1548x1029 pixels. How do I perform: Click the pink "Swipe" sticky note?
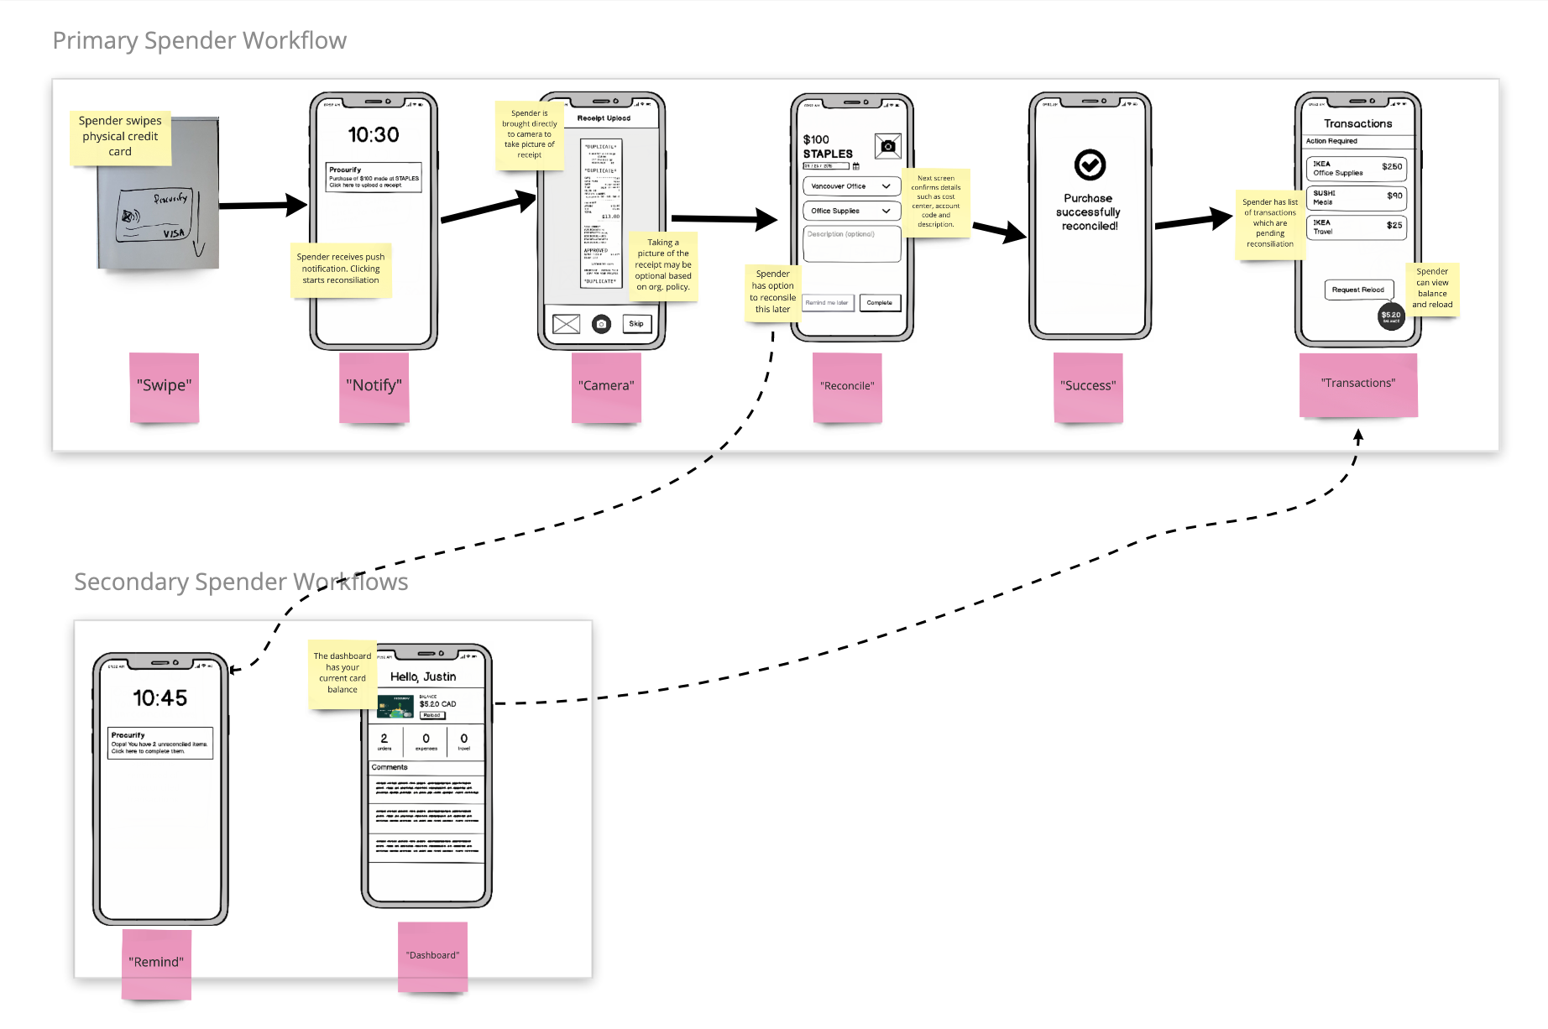point(165,386)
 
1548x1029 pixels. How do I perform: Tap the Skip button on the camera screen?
point(636,324)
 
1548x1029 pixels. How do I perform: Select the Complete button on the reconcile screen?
point(879,303)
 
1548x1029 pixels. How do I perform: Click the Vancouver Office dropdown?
point(851,186)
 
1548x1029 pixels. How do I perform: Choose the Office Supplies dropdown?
point(851,211)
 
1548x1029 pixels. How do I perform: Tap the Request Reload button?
point(1357,290)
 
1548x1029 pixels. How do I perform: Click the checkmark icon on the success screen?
point(1090,165)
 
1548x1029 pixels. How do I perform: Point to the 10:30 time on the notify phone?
point(374,135)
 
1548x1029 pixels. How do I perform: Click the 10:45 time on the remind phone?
point(160,698)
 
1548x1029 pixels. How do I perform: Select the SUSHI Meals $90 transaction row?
point(1356,197)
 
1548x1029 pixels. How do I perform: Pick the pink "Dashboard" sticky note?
point(432,956)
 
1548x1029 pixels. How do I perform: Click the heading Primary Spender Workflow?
point(200,40)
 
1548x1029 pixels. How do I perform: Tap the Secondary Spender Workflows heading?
point(241,582)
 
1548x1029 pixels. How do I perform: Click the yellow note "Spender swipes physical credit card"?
point(120,136)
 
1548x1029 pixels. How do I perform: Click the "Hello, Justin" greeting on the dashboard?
point(423,676)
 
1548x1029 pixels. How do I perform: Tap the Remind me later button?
point(827,303)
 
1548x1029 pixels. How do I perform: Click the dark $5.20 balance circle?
point(1390,316)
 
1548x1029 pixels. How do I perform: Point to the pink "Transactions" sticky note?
point(1357,384)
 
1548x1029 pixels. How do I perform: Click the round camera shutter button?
point(601,324)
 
